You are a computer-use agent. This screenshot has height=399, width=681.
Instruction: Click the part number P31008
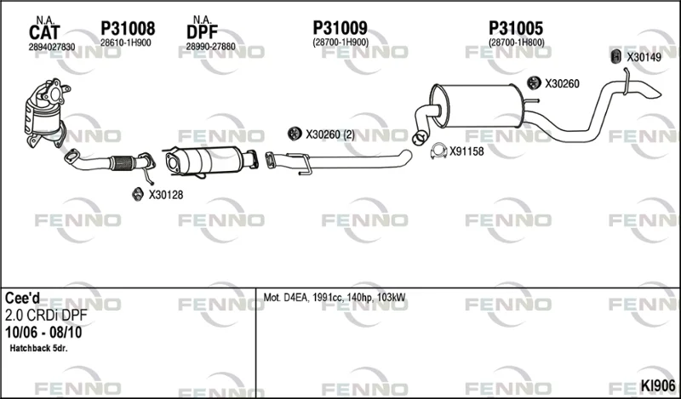(x=128, y=29)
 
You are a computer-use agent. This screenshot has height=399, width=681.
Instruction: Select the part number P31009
(x=340, y=28)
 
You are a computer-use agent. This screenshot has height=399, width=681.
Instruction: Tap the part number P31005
(x=516, y=28)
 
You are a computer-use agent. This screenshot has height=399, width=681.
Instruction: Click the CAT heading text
(x=44, y=33)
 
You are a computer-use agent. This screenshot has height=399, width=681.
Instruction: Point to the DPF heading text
(x=202, y=32)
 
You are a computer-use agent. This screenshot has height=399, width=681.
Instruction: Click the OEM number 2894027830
(x=52, y=47)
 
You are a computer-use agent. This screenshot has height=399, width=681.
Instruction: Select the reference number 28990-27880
(x=210, y=47)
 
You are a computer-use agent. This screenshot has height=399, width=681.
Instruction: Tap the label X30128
(x=166, y=195)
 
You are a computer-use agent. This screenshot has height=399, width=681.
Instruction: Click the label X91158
(x=466, y=151)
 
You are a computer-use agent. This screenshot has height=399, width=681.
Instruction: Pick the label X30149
(x=644, y=57)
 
